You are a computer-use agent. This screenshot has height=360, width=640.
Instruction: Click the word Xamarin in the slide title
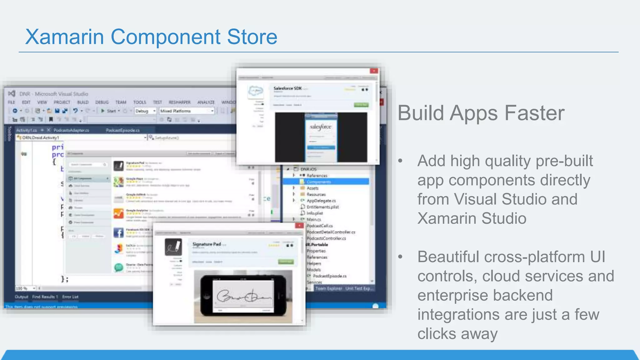(x=64, y=37)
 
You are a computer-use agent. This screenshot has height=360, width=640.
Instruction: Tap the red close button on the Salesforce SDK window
(x=374, y=71)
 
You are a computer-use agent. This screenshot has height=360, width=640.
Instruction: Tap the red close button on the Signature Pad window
(x=299, y=225)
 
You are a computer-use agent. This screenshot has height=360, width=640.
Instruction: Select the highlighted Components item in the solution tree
(x=318, y=182)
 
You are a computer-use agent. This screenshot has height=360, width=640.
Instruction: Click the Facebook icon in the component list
(x=118, y=232)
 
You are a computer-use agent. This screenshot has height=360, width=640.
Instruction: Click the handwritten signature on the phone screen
(x=244, y=296)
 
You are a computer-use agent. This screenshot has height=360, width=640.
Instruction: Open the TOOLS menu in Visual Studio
(x=139, y=102)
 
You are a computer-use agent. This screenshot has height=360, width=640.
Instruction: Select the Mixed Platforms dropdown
(x=187, y=111)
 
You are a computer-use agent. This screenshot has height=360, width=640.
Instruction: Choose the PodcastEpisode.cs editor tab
(x=122, y=130)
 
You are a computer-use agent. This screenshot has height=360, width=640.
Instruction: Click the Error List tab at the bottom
(x=70, y=297)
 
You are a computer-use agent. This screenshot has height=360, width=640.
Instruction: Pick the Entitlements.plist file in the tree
(x=322, y=207)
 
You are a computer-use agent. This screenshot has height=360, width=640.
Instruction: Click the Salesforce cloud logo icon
(x=256, y=92)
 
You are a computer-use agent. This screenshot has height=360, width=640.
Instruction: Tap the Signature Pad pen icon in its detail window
(x=173, y=247)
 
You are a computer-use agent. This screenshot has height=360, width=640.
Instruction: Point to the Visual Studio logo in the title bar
(x=12, y=94)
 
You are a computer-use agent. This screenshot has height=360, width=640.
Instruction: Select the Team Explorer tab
(x=328, y=288)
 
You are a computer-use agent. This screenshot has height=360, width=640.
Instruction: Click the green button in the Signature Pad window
(x=286, y=262)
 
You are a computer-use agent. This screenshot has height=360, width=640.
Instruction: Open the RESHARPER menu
(x=179, y=102)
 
